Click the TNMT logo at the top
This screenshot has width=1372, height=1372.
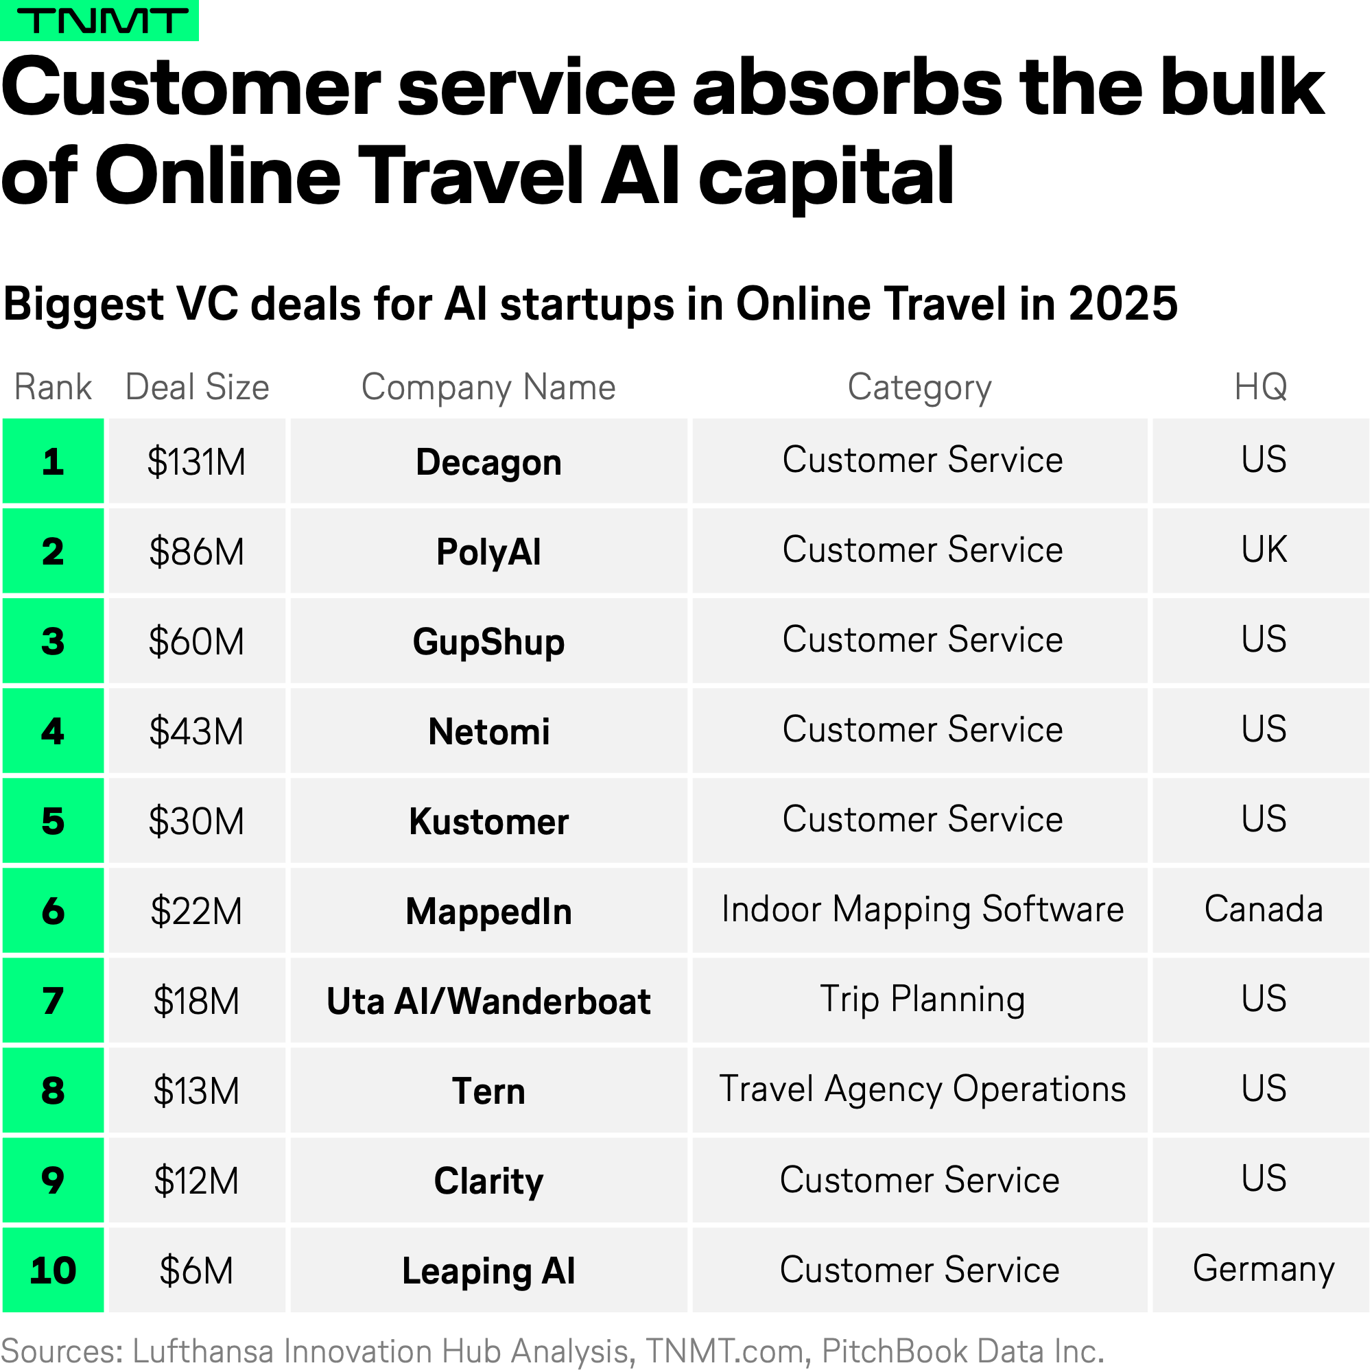point(99,20)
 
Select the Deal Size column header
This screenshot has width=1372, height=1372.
point(198,388)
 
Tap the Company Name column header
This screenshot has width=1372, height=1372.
point(488,388)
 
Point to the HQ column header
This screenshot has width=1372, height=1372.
point(1260,388)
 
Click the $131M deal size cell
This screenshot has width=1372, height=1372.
point(197,462)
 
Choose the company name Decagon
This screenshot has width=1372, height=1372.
point(488,462)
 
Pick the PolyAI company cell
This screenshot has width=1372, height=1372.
point(488,551)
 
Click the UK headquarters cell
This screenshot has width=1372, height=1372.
point(1260,551)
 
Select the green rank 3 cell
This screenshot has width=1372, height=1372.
point(54,641)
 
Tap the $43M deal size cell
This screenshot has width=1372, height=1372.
point(197,731)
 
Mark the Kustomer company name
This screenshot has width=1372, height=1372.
point(488,822)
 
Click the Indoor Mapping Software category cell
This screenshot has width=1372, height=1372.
point(920,910)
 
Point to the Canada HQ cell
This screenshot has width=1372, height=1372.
point(1260,910)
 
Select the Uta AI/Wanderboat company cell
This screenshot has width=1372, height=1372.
point(488,1001)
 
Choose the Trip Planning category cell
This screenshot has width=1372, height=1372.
point(920,1001)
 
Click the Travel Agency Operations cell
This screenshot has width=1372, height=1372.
point(920,1090)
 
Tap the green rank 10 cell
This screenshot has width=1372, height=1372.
point(54,1270)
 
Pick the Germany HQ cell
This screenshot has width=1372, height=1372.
point(1260,1270)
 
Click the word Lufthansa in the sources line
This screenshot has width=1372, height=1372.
point(203,1351)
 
